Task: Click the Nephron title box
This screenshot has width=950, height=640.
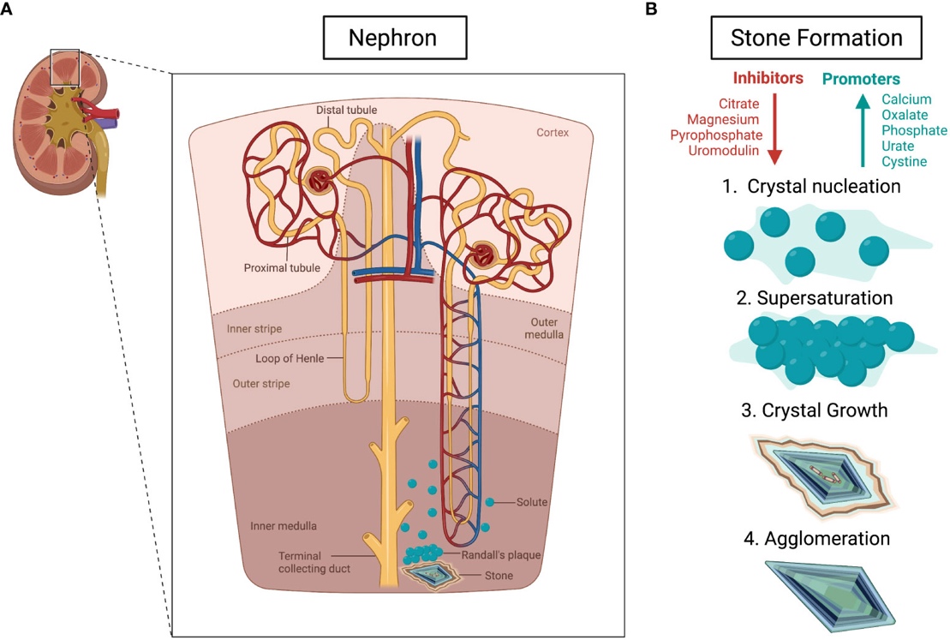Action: (x=393, y=39)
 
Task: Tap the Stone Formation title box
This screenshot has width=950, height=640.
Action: (x=816, y=39)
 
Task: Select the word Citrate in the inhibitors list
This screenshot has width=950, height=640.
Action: (x=740, y=104)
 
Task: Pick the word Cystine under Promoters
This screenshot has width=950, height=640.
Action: (x=905, y=162)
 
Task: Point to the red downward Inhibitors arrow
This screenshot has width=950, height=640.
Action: (x=774, y=128)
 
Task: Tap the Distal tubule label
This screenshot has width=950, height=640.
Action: (x=346, y=110)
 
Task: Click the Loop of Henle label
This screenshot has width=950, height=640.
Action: (x=290, y=358)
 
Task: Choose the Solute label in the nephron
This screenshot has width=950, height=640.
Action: (x=531, y=501)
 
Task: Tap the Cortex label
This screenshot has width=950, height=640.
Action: (x=553, y=134)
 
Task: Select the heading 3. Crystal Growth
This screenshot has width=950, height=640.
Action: (x=813, y=410)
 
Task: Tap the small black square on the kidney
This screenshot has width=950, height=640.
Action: (x=65, y=68)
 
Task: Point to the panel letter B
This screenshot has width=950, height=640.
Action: (x=650, y=9)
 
